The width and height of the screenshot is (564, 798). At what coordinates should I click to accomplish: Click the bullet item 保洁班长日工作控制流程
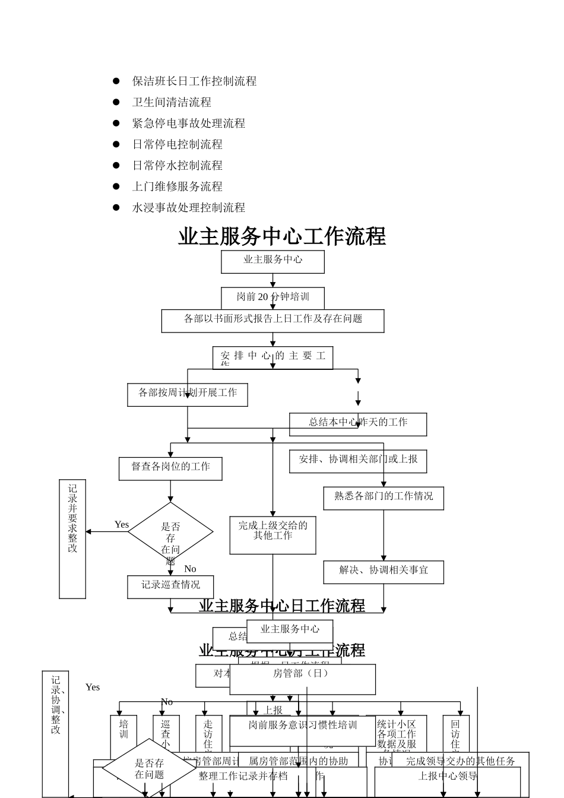pos(194,81)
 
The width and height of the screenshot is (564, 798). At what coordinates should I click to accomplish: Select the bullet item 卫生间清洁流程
pos(172,102)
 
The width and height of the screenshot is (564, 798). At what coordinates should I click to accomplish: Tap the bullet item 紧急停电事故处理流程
pos(188,123)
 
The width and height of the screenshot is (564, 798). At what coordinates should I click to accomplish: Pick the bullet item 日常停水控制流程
pos(177,166)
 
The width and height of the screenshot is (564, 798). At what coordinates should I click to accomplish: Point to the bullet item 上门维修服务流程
pos(177,186)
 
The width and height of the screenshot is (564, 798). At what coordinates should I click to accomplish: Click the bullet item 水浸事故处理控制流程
pos(188,208)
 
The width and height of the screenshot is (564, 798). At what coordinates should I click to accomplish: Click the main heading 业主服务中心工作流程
pos(282,236)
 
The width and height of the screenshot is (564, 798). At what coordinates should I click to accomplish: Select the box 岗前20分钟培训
pos(273,296)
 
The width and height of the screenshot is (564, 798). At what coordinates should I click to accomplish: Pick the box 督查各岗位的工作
pos(170,468)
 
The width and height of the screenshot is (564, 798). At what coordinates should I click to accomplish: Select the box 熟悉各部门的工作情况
pos(384,498)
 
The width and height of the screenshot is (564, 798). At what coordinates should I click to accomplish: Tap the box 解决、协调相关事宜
pos(384,571)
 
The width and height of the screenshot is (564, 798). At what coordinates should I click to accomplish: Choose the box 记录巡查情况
pos(170,586)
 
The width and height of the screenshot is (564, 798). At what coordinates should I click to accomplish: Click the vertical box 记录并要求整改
pos(72,538)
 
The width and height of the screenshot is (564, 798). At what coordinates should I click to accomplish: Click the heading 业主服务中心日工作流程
pos(282,606)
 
